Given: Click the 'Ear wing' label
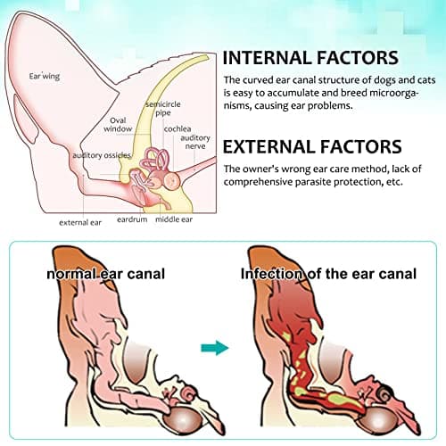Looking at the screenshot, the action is coord(45,77).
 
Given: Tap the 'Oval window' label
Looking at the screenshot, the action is coord(118,125).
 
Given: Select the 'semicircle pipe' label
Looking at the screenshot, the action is coord(163,109).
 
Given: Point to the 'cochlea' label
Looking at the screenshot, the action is coord(178,129).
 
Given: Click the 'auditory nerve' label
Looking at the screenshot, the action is coord(195,142).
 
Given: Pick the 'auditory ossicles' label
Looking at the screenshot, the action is coord(102,155).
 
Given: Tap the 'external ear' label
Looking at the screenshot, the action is coord(80,222).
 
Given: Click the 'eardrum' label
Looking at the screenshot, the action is coord(132,219).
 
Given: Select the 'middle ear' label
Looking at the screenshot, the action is coord(174,219).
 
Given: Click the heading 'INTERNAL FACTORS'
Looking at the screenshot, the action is coord(310,58).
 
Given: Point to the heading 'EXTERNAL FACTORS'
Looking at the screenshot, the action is coord(312,146).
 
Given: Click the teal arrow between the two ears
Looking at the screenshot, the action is coord(215,348).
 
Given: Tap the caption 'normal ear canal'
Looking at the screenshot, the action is coord(106,274).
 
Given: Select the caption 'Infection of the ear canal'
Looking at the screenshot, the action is coord(328,274).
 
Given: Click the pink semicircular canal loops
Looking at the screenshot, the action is coord(154,160).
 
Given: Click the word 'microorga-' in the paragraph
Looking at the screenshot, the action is coord(394,93).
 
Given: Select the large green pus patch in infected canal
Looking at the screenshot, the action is coord(345,400).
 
